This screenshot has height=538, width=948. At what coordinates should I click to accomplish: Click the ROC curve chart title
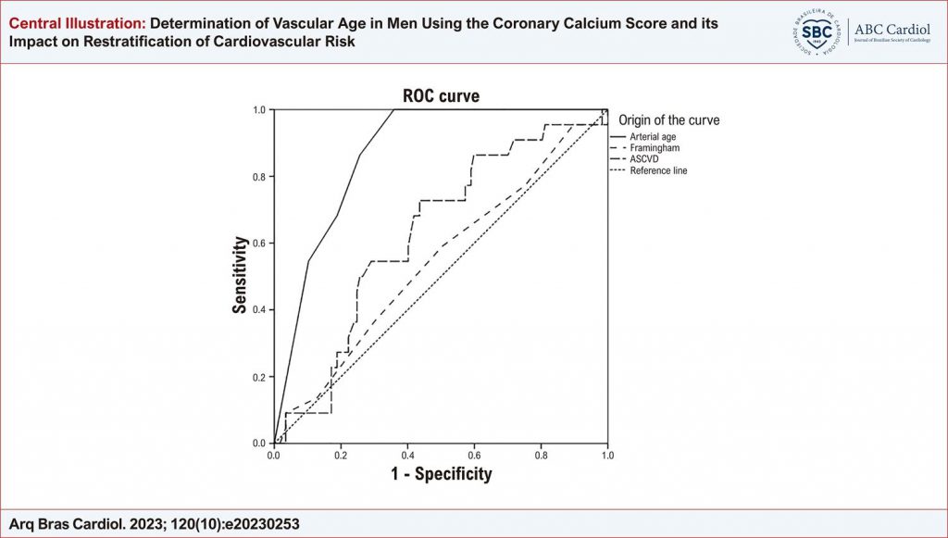click(x=441, y=96)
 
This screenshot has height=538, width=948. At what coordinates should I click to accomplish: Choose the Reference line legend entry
click(x=658, y=170)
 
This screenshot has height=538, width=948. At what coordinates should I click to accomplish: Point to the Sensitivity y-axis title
click(x=240, y=276)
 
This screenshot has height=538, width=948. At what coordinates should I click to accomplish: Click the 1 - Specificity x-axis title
click(x=441, y=475)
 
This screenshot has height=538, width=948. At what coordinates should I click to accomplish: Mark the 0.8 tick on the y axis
click(x=260, y=177)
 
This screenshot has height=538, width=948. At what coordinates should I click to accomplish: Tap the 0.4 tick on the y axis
click(x=260, y=309)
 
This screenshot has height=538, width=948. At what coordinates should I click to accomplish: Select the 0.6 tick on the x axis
click(x=474, y=456)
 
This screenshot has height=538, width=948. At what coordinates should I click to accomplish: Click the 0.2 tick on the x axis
click(x=341, y=456)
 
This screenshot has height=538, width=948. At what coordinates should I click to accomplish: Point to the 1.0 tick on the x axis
click(x=607, y=456)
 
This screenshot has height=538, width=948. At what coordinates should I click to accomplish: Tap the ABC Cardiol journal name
click(x=893, y=27)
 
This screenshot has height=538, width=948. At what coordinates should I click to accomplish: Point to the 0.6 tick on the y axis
click(x=260, y=244)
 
